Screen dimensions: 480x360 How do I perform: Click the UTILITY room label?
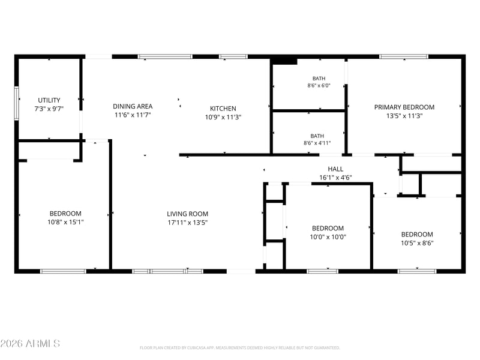click(x=49, y=100)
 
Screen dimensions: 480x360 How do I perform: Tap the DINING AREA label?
click(x=133, y=106)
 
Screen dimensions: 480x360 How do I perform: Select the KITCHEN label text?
click(x=223, y=109)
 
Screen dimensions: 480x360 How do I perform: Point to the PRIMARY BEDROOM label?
click(x=404, y=107)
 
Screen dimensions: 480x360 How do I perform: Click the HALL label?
click(x=335, y=169)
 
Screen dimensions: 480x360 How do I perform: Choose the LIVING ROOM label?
click(x=187, y=214)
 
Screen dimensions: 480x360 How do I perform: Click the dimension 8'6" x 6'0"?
click(x=319, y=85)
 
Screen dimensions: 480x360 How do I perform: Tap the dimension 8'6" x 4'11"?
click(x=317, y=143)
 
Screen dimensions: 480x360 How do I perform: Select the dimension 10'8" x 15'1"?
click(x=65, y=222)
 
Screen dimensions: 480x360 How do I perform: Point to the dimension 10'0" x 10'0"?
click(x=328, y=236)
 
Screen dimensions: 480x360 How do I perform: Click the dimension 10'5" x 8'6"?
click(x=417, y=243)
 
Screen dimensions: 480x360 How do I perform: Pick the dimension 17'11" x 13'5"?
click(x=187, y=222)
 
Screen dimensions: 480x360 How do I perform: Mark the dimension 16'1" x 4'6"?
click(x=335, y=177)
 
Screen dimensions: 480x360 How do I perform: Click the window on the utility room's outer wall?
click(x=17, y=103)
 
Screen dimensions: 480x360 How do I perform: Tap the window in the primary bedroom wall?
click(x=404, y=56)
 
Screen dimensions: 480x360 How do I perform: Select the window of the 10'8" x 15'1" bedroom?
click(x=63, y=271)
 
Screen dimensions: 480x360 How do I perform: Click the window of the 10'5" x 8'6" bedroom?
click(x=417, y=271)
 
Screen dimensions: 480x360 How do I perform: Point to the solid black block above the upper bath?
click(x=284, y=61)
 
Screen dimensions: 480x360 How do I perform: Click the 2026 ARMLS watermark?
click(x=30, y=343)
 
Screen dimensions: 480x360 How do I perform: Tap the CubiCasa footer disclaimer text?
click(x=239, y=348)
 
